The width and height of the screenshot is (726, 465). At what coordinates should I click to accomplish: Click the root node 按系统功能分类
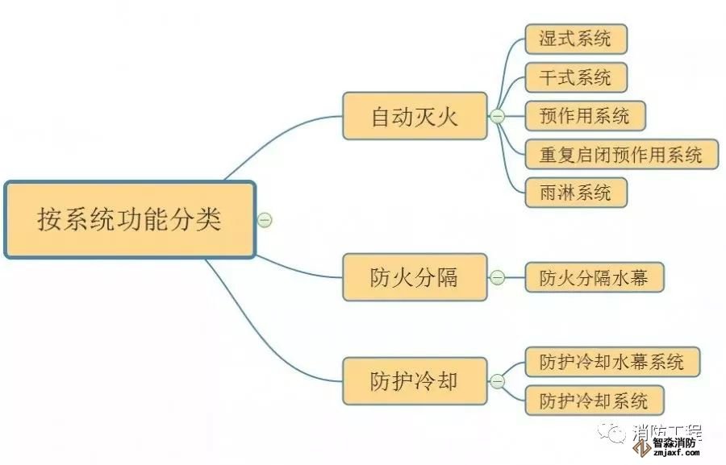[130, 219]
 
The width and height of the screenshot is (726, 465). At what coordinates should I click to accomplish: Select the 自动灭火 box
[415, 116]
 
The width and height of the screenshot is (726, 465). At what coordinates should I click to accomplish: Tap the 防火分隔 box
[415, 278]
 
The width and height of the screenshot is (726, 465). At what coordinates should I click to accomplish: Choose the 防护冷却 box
[415, 380]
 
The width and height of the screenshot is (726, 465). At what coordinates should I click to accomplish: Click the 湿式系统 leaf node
[576, 39]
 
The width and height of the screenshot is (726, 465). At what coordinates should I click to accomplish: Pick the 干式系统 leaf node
[576, 77]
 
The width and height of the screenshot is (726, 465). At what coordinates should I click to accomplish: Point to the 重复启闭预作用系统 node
[621, 154]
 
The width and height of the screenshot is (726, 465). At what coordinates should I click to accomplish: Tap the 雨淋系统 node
[576, 193]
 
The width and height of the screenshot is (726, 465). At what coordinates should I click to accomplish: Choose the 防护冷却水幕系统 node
[612, 362]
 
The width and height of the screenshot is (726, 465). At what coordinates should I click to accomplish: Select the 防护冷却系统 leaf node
[595, 401]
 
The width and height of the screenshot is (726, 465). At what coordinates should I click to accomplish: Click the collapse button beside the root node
[265, 219]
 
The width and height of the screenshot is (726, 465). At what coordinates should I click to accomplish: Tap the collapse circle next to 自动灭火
[497, 116]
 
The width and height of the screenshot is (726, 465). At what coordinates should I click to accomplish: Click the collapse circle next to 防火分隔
[497, 278]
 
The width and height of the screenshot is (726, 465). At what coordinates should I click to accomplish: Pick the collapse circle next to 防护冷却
[497, 380]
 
